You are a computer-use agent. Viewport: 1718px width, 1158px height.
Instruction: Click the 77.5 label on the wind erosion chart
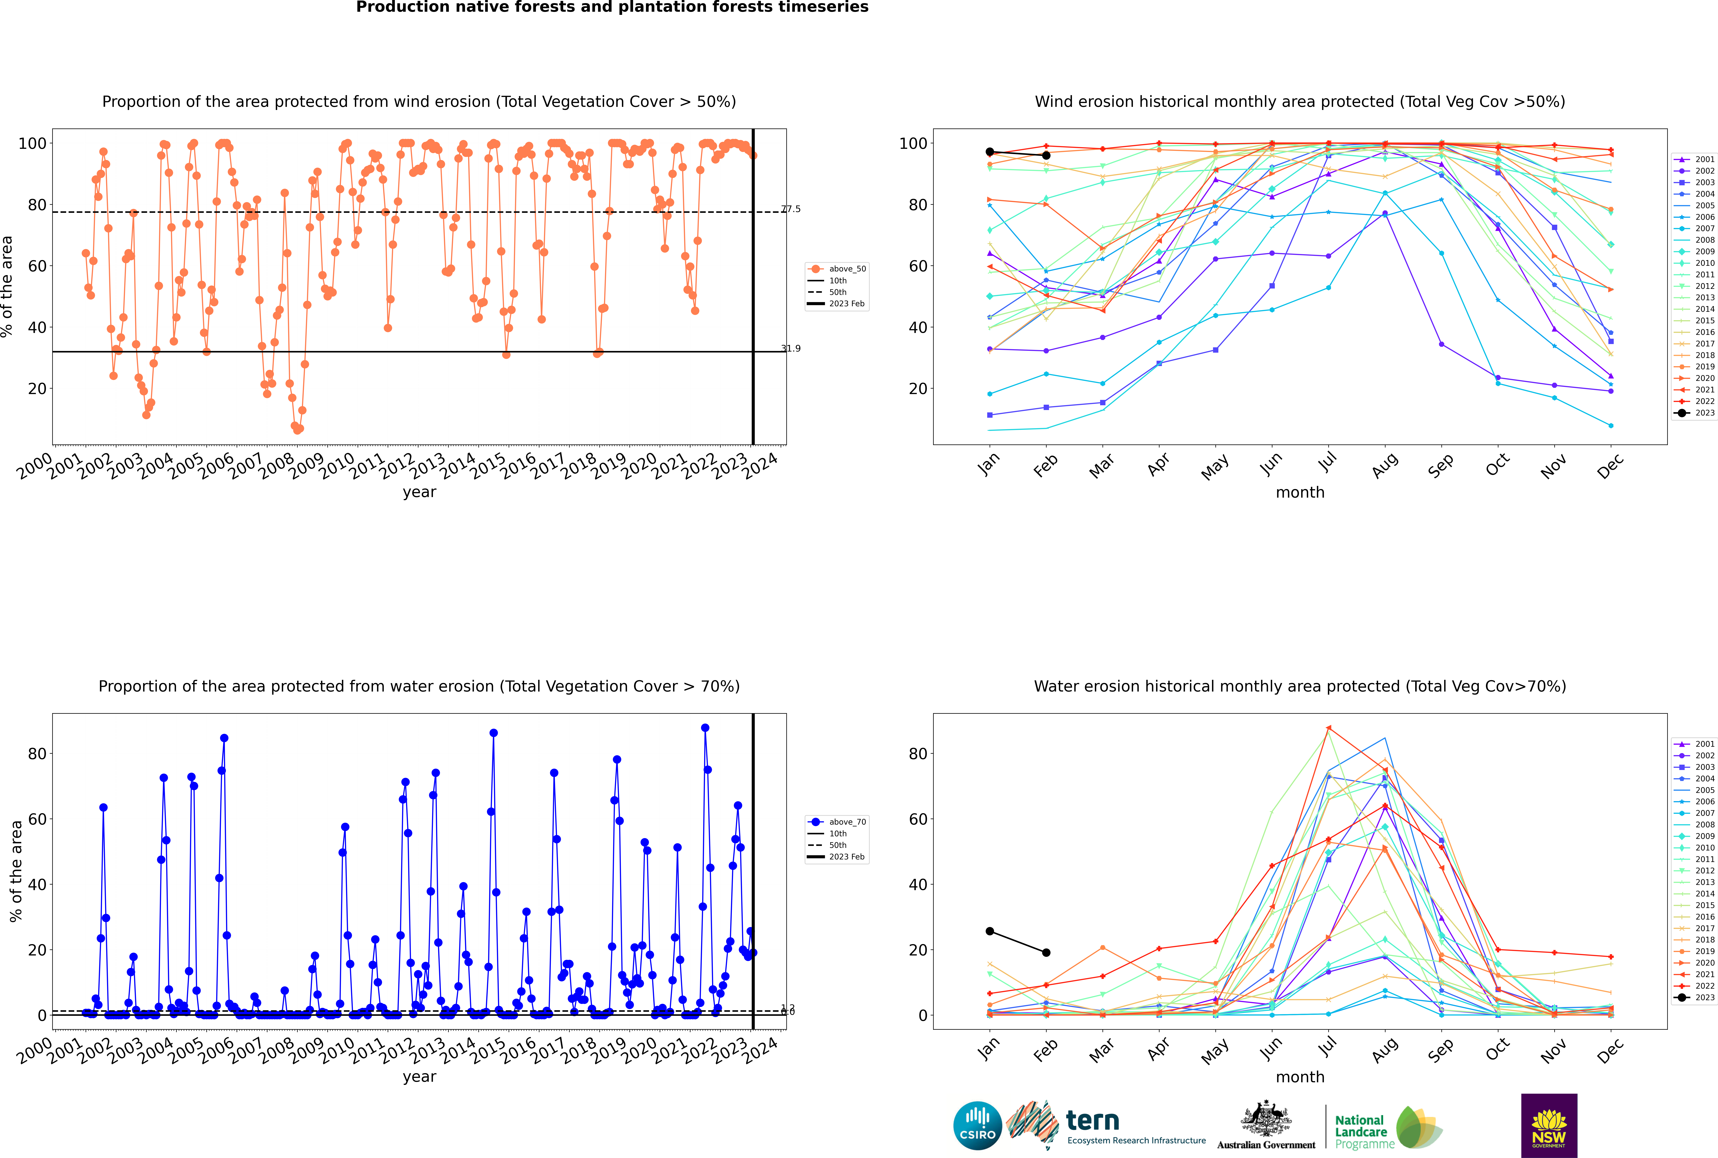[791, 209]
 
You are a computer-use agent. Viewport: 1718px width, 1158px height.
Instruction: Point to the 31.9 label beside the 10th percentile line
[791, 349]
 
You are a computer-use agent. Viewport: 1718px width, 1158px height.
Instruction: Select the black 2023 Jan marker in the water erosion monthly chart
[990, 931]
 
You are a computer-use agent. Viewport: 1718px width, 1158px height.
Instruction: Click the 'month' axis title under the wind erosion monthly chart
[1300, 493]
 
